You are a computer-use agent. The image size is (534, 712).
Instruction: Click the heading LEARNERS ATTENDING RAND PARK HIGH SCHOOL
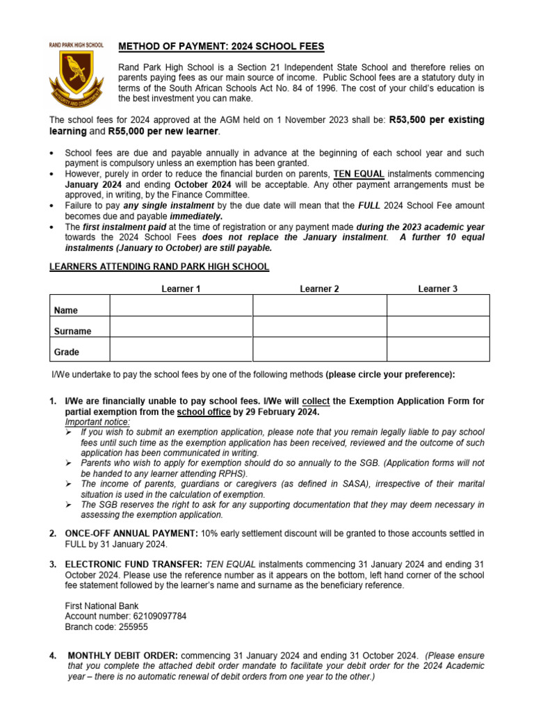point(159,267)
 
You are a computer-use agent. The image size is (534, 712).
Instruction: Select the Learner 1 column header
point(181,289)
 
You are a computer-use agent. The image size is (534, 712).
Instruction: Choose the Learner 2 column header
point(319,289)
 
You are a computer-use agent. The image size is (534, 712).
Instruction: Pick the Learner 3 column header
point(437,289)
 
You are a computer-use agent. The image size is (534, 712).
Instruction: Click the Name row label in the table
point(66,310)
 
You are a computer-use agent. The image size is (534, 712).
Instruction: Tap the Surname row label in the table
point(72,332)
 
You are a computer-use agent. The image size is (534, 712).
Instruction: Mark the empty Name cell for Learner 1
point(181,306)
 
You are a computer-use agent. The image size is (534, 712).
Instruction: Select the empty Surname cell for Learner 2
point(319,327)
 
